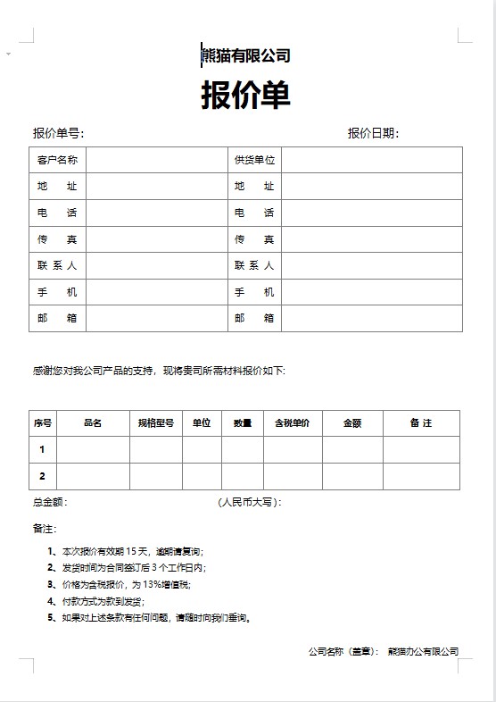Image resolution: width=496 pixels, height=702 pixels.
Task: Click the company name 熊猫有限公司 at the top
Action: pos(246,56)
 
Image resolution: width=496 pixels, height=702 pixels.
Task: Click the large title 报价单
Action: pos(246,95)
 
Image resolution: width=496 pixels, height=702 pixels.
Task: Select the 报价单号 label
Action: pos(58,134)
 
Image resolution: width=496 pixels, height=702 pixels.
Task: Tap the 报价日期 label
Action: pos(373,134)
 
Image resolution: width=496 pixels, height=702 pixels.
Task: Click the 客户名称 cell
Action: pos(57,161)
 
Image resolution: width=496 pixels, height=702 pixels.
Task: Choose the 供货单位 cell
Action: pos(254,161)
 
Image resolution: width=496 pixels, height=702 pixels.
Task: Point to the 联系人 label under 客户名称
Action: pos(57,265)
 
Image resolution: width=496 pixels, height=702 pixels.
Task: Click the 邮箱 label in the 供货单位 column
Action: pos(254,318)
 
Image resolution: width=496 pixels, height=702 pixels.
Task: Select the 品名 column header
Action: pos(93,423)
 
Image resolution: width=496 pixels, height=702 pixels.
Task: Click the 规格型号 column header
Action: pos(155,423)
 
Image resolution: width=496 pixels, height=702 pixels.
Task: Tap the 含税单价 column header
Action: pos(292,423)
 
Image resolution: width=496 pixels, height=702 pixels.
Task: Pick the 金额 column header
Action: pos(352,423)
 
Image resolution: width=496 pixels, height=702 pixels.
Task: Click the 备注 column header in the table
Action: pos(421,423)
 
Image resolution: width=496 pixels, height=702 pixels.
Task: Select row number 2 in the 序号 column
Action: pos(42,476)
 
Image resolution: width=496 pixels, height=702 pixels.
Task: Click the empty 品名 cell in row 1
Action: pos(93,449)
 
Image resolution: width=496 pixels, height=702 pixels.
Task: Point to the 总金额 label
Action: pos(50,503)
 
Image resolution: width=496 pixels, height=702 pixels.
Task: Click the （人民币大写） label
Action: pos(250,503)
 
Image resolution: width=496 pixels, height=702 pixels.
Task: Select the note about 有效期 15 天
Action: pos(130,551)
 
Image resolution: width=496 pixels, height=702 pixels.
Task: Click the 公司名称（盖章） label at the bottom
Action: pos(343,652)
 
